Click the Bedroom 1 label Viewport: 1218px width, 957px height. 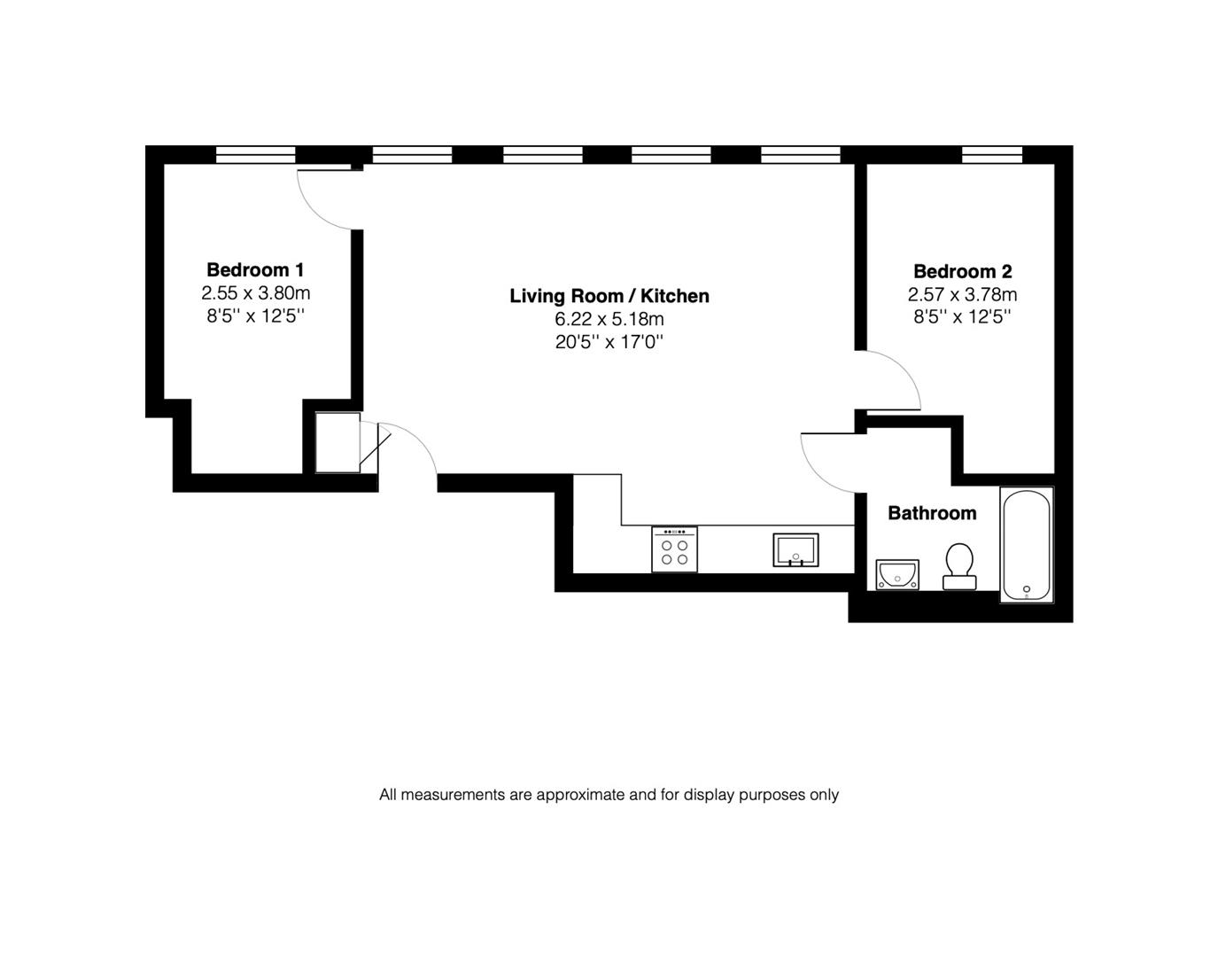pyautogui.click(x=255, y=269)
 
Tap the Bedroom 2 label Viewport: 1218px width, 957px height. pyautogui.click(x=962, y=271)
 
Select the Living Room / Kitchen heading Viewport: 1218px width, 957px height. pyautogui.click(x=609, y=296)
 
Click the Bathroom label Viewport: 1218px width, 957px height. pyautogui.click(x=932, y=513)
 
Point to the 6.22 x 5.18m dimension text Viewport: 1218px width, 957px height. pyautogui.click(x=609, y=319)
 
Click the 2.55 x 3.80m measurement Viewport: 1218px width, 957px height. pyautogui.click(x=255, y=292)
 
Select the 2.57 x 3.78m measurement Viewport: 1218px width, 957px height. pyautogui.click(x=962, y=294)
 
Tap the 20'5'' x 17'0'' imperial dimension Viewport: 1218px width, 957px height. pyautogui.click(x=609, y=342)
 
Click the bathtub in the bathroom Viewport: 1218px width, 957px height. pyautogui.click(x=1026, y=544)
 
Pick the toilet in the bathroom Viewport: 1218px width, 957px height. pyautogui.click(x=958, y=565)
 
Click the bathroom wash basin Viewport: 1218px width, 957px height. pyautogui.click(x=897, y=574)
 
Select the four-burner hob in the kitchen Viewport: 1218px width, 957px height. pyautogui.click(x=674, y=549)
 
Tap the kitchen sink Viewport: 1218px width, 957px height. pyautogui.click(x=795, y=549)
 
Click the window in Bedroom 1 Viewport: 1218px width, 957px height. pyautogui.click(x=255, y=155)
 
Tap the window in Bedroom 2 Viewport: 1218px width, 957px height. pyautogui.click(x=992, y=155)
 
